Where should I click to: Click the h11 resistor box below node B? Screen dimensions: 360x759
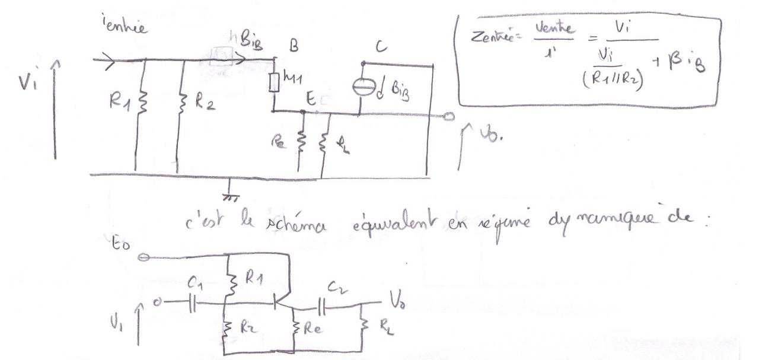(274, 82)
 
